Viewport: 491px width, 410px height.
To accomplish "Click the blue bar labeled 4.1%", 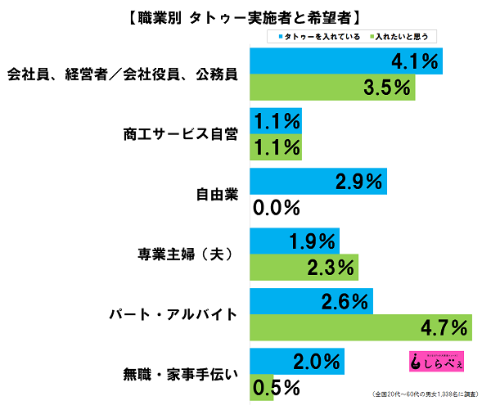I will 344,61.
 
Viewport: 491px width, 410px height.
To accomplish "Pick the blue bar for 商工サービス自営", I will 274,120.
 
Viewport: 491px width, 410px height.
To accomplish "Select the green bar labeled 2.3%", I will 303,267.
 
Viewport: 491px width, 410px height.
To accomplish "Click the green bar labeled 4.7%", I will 360,327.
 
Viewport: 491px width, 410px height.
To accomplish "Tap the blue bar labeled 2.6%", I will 311,300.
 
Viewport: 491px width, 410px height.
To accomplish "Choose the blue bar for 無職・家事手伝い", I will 295,360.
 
